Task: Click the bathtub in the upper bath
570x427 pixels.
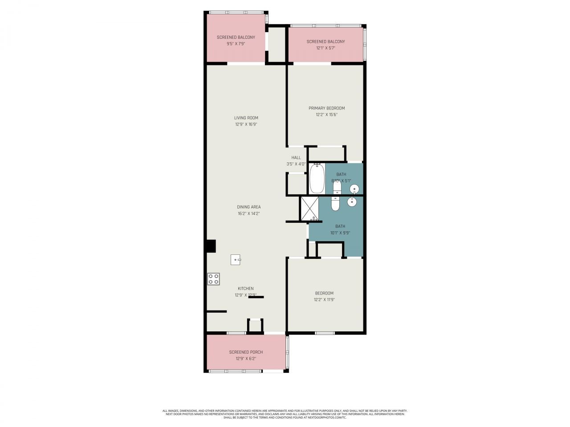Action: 317,178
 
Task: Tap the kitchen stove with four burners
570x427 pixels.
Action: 213,279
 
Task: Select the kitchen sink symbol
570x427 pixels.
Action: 236,259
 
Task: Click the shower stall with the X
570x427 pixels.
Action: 309,208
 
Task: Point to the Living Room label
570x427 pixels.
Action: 246,118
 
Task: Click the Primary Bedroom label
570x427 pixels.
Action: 326,108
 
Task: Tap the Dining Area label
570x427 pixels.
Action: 248,207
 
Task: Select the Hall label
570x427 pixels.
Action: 296,157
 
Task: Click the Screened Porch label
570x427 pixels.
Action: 246,352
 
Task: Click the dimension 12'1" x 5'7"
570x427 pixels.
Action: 326,48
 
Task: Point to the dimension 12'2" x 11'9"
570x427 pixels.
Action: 324,299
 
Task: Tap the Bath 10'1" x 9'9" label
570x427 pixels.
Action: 340,226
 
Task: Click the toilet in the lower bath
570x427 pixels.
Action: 335,204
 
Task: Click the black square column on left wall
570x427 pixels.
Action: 211,246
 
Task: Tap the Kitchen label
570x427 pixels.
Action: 245,289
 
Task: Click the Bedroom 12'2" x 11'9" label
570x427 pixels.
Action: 324,293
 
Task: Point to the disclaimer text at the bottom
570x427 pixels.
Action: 285,414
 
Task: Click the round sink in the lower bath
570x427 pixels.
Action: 352,202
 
